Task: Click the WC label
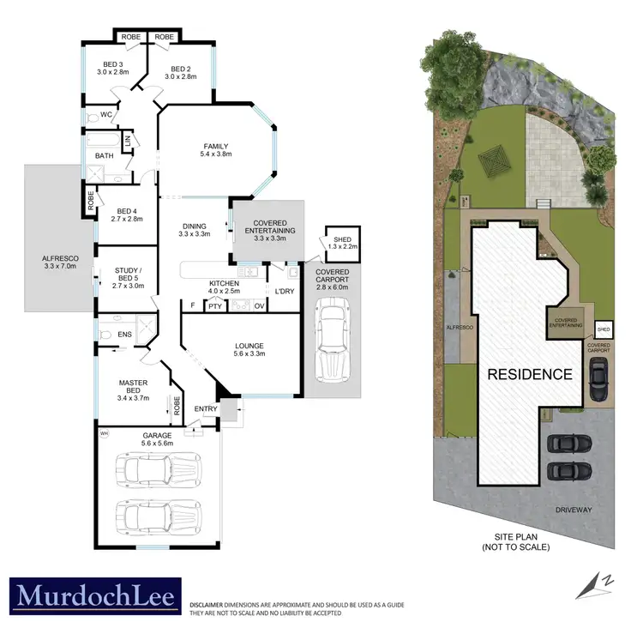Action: click(x=107, y=114)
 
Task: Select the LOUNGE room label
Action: click(x=250, y=348)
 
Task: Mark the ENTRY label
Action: click(x=206, y=409)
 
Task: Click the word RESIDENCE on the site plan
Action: click(x=529, y=374)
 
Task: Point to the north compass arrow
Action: click(x=604, y=583)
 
